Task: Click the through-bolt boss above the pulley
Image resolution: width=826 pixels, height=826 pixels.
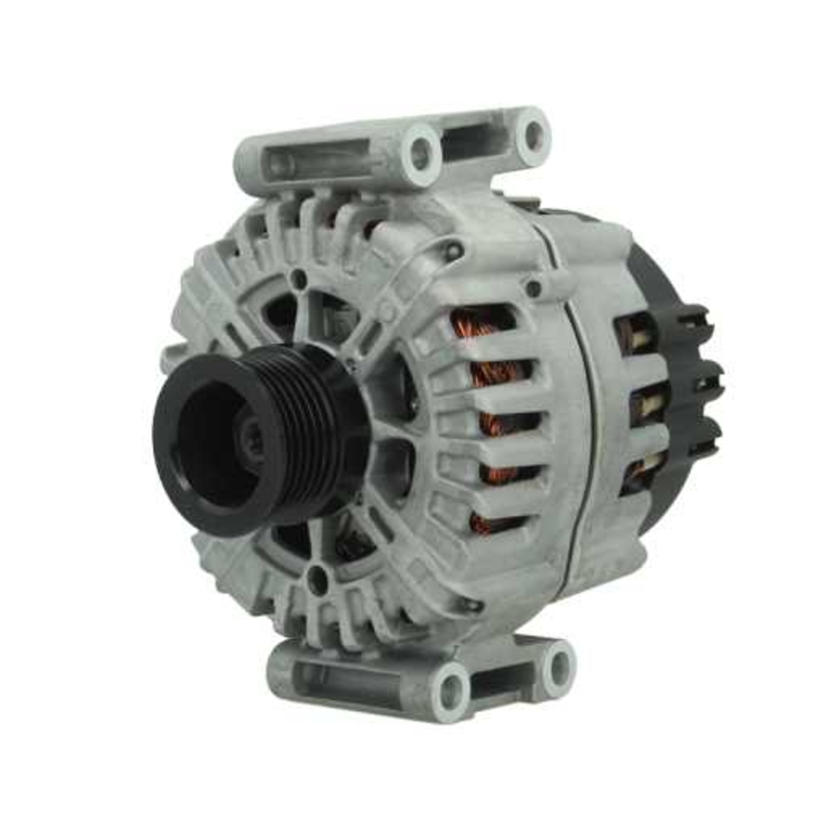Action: coord(299,279)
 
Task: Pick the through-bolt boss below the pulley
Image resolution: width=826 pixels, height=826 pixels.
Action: coord(317,580)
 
